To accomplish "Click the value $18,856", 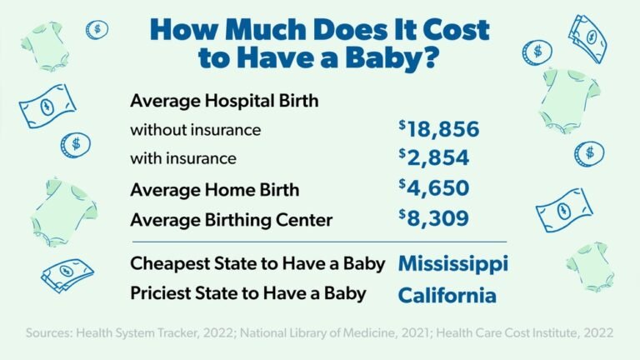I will pos(439,130).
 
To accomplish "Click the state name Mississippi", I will pos(452,264).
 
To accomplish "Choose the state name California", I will pos(447,295).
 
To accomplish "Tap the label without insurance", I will pos(196,130).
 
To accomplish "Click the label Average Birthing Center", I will pos(231,220).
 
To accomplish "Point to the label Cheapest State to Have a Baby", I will pos(257,264).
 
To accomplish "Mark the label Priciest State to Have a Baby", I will pos(247,295).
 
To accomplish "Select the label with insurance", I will pos(183,158).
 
